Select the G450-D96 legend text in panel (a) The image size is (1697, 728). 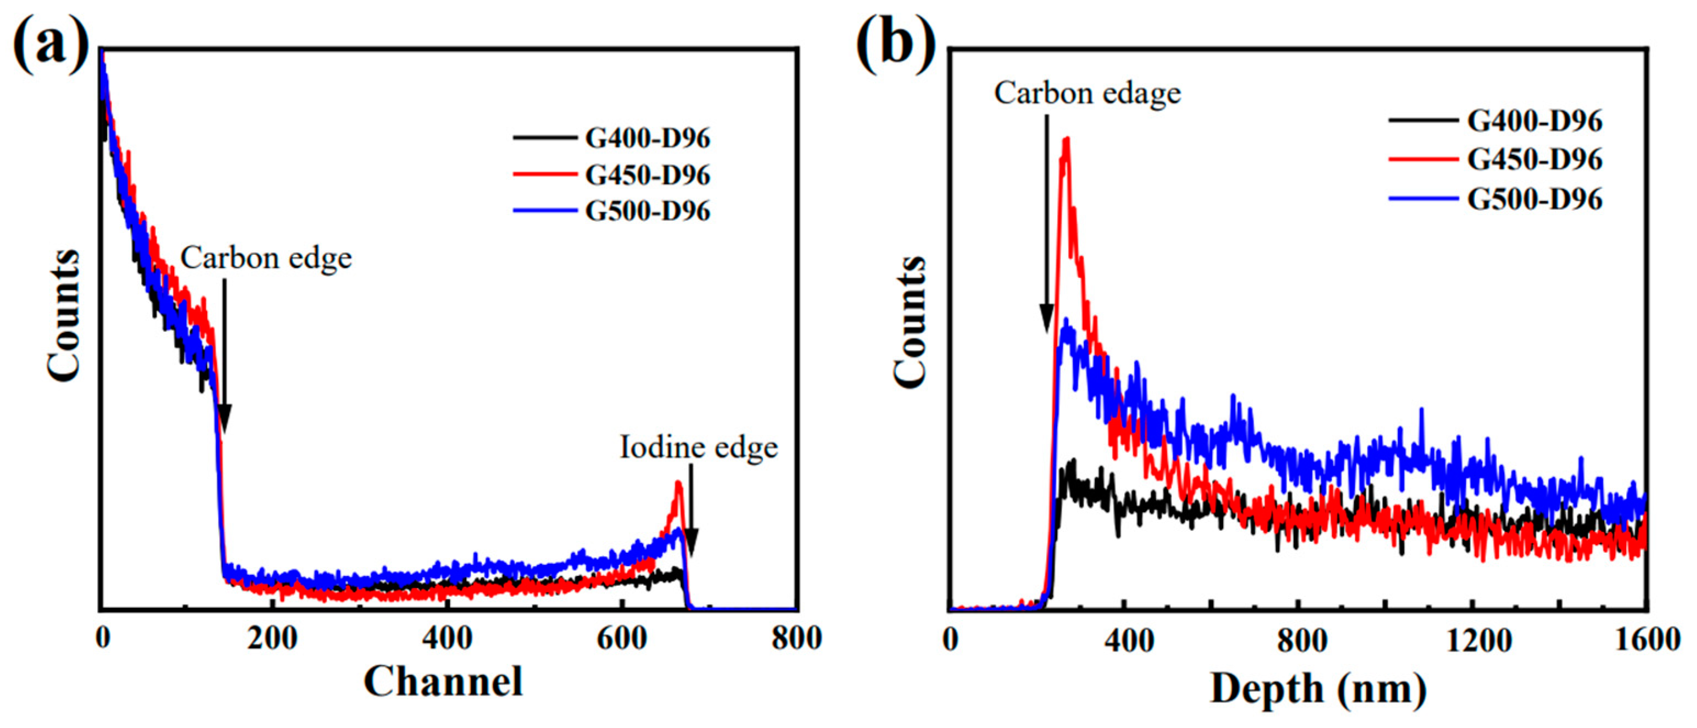tap(647, 175)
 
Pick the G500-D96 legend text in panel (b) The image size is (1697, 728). tap(1534, 199)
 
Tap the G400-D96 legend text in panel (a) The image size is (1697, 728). tap(647, 138)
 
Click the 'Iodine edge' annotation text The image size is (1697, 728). tap(699, 447)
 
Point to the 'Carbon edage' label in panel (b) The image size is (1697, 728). tap(1087, 93)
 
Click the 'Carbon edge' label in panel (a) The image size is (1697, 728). tap(266, 257)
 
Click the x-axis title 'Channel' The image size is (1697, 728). tap(443, 681)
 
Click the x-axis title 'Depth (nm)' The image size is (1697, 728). tap(1318, 689)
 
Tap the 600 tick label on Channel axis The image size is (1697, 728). tap(621, 639)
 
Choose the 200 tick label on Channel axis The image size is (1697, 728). tap(272, 639)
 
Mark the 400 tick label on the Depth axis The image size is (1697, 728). tap(1129, 640)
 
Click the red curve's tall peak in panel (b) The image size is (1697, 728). tap(1066, 141)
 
